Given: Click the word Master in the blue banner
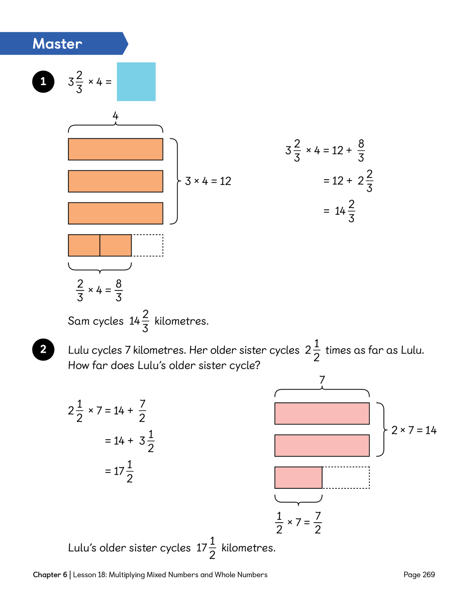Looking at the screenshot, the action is pyautogui.click(x=57, y=44).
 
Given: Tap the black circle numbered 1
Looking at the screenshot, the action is pyautogui.click(x=43, y=82).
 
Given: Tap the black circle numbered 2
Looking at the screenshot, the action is pyautogui.click(x=43, y=350).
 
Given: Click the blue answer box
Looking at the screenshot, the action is pyautogui.click(x=136, y=82).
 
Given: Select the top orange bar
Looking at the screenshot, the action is pyautogui.click(x=115, y=149).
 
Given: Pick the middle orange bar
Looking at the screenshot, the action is pyautogui.click(x=115, y=181).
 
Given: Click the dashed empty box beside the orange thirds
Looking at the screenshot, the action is pyautogui.click(x=147, y=245).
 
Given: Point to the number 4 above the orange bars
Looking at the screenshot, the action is pyautogui.click(x=115, y=116).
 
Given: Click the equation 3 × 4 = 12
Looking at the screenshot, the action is pyautogui.click(x=208, y=181).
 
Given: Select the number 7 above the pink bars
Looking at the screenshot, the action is pyautogui.click(x=322, y=380).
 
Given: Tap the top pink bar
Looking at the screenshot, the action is pyautogui.click(x=322, y=413).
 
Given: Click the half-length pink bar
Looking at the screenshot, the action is pyautogui.click(x=299, y=477).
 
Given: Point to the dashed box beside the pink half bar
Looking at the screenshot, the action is pyautogui.click(x=346, y=477).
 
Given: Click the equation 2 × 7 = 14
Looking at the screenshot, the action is pyautogui.click(x=414, y=430).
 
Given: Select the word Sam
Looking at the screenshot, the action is pyautogui.click(x=79, y=321).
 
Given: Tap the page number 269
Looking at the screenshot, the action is pyautogui.click(x=429, y=574).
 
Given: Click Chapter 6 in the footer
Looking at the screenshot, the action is pyautogui.click(x=50, y=574).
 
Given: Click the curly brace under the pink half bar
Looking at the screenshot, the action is pyautogui.click(x=299, y=500).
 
